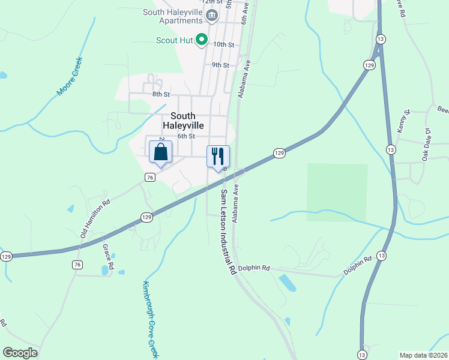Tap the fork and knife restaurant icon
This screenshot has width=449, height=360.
[218, 156]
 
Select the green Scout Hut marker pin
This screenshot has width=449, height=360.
[202, 40]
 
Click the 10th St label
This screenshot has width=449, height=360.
[223, 44]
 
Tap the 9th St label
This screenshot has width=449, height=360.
[220, 65]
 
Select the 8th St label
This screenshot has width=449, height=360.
[161, 94]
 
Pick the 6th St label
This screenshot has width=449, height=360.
[186, 136]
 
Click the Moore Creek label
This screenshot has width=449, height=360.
[69, 76]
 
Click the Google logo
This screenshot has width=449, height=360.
[20, 353]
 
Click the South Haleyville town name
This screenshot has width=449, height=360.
[183, 121]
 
